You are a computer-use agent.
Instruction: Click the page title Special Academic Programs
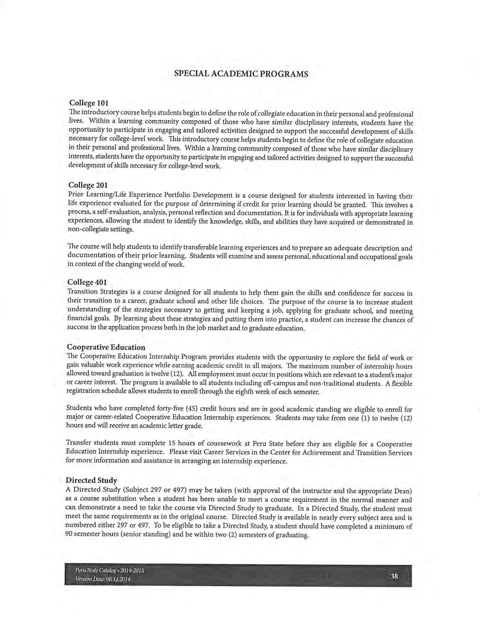pyautogui.click(x=241, y=74)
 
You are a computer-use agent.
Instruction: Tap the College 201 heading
pyautogui.click(x=88, y=185)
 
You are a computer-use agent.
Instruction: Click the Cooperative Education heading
pyautogui.click(x=106, y=347)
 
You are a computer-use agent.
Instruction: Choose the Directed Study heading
pyautogui.click(x=91, y=480)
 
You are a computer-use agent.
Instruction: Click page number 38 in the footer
pyautogui.click(x=394, y=576)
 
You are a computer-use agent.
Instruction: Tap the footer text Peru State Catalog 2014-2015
pyautogui.click(x=110, y=571)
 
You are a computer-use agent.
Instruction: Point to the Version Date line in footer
pyautogui.click(x=103, y=579)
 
